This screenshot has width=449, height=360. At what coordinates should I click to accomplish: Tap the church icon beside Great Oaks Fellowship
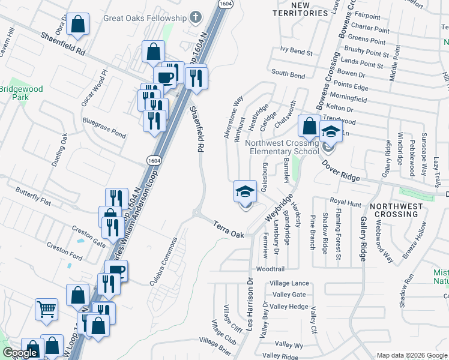click(x=196, y=17)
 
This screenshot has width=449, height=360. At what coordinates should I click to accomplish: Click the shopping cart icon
click(x=46, y=310)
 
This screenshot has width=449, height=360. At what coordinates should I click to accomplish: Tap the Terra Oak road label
click(x=229, y=229)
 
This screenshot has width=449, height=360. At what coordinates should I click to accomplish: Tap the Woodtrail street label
click(x=270, y=269)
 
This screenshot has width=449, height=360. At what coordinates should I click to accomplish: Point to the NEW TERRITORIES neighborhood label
click(x=291, y=9)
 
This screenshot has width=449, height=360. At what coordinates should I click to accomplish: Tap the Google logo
click(x=20, y=353)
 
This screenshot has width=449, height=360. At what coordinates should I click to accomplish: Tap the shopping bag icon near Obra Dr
click(x=77, y=25)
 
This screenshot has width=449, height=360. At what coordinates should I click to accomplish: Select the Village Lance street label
click(x=289, y=283)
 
